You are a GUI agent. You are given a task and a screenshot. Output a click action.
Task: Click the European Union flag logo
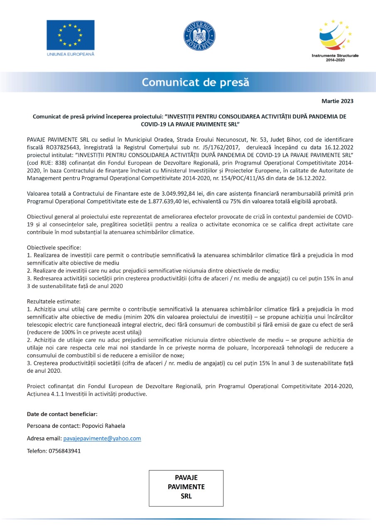70,35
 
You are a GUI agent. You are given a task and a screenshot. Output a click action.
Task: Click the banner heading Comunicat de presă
196,82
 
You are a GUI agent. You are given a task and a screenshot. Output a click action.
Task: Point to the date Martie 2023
337,101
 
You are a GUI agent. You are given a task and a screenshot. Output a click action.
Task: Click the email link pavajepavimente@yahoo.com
102,438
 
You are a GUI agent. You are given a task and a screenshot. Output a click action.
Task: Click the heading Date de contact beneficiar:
62,414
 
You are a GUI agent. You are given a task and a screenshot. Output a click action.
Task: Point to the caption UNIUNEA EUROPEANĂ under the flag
70,54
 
